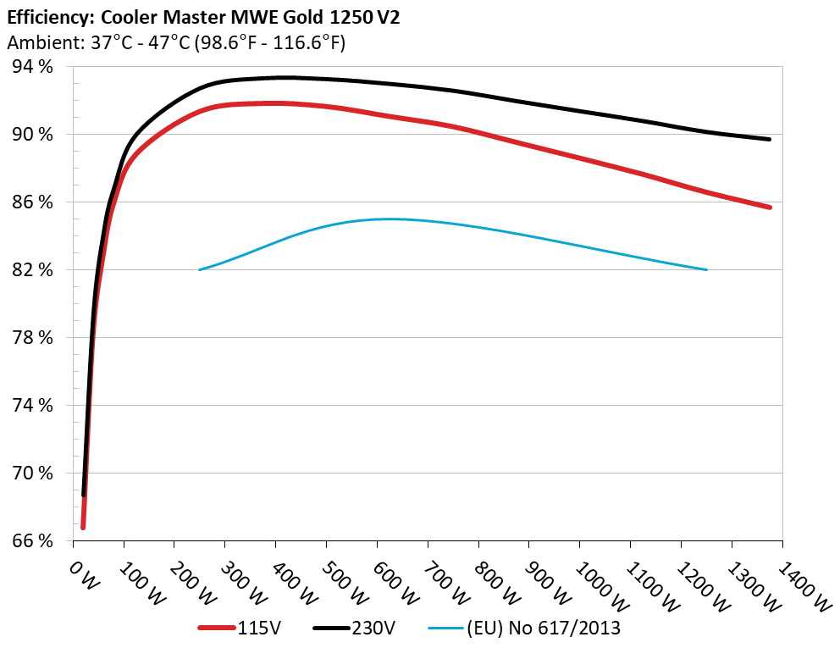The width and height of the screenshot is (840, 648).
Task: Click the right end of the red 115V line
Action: click(769, 207)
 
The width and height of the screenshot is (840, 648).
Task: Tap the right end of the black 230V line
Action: click(769, 139)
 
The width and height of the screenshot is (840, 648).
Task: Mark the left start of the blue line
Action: click(200, 269)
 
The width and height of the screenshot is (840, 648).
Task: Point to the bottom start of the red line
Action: click(83, 527)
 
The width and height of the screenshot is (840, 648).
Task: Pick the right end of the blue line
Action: click(705, 269)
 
